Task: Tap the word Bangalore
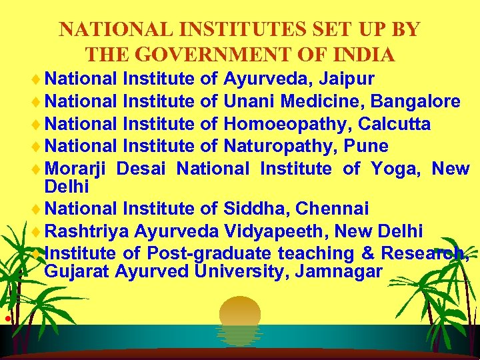coord(415,101)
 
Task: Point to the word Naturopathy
coord(281,145)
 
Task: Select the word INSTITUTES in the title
coord(205,30)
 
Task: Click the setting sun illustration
coord(240,313)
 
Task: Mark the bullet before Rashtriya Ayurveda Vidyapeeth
coord(39,232)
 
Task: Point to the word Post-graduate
coord(209,253)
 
